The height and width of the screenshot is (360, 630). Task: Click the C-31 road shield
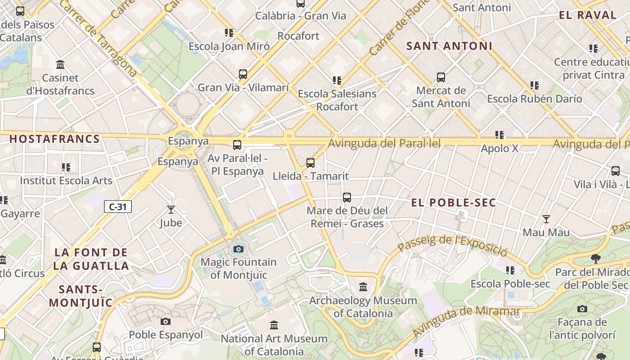tap(118, 207)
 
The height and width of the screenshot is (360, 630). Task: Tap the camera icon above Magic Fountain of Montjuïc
tap(238, 249)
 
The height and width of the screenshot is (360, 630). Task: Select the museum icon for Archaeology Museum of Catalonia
tap(363, 287)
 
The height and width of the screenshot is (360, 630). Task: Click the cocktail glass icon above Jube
tap(171, 209)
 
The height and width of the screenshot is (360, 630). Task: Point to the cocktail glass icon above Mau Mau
tap(546, 219)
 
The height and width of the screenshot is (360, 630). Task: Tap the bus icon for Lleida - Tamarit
tap(310, 163)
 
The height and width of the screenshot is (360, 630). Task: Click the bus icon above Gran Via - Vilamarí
tap(243, 74)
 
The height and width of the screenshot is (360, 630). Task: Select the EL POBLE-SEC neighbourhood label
tap(454, 202)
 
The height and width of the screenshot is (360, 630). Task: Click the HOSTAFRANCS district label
tap(54, 139)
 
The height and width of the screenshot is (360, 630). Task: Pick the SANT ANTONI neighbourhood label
tap(449, 46)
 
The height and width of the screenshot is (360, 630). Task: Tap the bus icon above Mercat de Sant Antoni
tap(441, 77)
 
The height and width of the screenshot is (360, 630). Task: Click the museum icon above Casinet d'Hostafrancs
tap(60, 65)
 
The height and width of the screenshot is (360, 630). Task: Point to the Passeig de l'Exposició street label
tap(452, 245)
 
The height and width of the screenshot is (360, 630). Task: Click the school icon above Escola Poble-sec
tap(510, 270)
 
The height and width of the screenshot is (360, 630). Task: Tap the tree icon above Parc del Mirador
tap(596, 259)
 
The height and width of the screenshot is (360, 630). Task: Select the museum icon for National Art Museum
tap(274, 325)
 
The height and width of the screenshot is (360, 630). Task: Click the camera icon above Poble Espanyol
tap(166, 321)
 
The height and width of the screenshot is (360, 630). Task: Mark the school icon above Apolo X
tap(499, 135)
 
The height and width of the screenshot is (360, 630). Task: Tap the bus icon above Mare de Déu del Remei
tap(346, 197)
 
